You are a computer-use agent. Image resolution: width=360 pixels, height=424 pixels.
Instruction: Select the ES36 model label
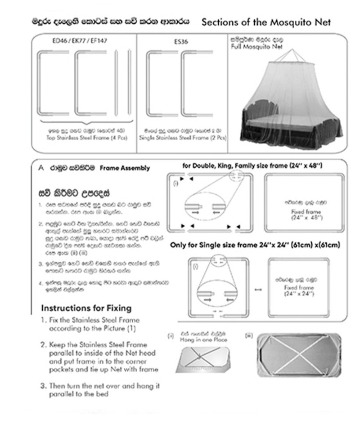tap(181, 41)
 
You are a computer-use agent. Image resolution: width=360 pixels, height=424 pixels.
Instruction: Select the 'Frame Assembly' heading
tap(125, 169)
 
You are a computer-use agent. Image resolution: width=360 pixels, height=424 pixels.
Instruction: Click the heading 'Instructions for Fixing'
tap(86, 308)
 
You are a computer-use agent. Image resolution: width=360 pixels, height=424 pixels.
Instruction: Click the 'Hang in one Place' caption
tap(206, 340)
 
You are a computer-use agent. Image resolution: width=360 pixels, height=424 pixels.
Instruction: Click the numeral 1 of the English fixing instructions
tap(44, 320)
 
